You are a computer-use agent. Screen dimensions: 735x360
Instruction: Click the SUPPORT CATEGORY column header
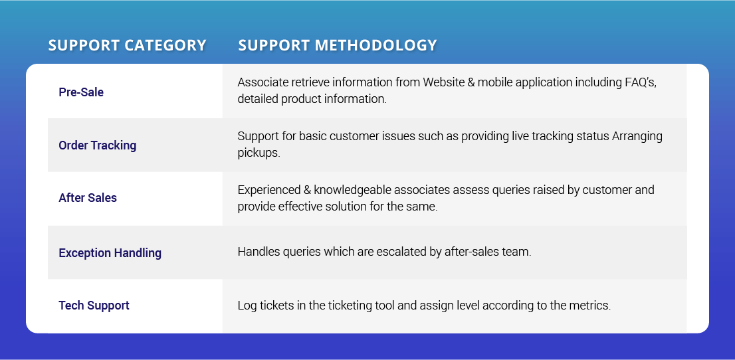[127, 45]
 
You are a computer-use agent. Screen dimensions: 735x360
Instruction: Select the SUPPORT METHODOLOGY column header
[338, 45]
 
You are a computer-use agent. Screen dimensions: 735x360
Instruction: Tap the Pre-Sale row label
[81, 92]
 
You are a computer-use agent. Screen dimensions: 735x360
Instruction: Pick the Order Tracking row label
[98, 145]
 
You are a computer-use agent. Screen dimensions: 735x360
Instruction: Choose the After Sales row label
[88, 198]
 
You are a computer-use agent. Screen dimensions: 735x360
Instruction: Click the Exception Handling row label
[110, 252]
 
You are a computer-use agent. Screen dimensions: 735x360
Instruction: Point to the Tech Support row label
[94, 306]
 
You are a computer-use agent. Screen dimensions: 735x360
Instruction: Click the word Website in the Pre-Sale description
[442, 82]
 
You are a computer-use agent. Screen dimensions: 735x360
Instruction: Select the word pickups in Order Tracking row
[259, 153]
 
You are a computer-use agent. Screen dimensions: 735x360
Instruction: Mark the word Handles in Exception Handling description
[259, 252]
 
